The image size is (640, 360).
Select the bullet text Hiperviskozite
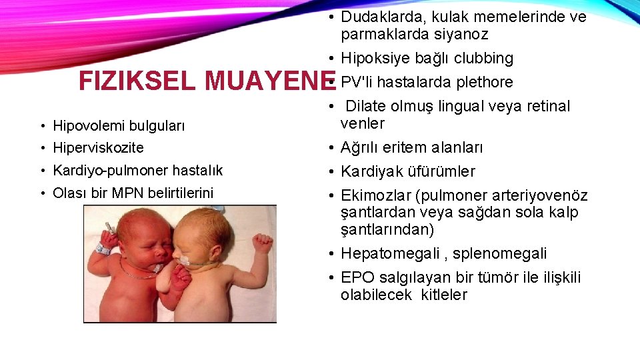pyautogui.click(x=98, y=148)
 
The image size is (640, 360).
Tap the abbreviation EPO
pyautogui.click(x=356, y=277)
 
